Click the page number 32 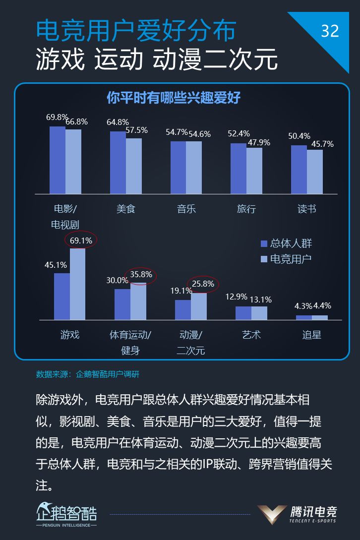point(330,31)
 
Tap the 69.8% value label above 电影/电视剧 point(57,118)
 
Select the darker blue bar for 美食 point(118,162)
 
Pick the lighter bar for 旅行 point(254,170)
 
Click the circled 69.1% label point(81,240)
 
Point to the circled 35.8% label point(141,274)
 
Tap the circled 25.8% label point(203,284)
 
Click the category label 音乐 point(186,209)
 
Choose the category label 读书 point(306,209)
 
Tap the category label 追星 point(312,335)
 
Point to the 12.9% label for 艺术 point(236,297)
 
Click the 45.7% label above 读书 point(322,144)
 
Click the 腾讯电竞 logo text point(313,511)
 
